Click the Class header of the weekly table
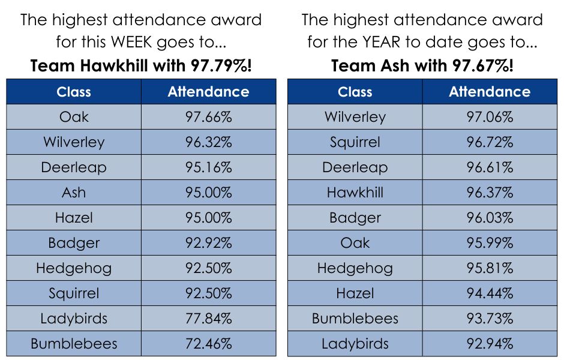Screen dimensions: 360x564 click(74, 92)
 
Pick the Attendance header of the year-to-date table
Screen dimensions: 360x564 click(490, 92)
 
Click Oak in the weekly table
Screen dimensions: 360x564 click(74, 117)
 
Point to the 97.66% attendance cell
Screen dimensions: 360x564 click(208, 117)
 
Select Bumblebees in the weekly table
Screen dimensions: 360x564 click(74, 344)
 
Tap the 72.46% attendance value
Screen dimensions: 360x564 click(208, 344)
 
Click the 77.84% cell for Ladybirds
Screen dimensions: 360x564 click(208, 319)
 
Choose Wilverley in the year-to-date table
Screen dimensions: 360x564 click(355, 117)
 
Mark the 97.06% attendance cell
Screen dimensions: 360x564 click(490, 117)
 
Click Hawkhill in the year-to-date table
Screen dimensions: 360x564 click(355, 193)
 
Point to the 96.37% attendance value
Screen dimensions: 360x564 click(490, 193)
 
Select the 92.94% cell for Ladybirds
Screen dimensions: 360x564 click(490, 344)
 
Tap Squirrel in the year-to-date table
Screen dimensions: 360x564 click(355, 142)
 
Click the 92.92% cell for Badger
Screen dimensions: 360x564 click(208, 243)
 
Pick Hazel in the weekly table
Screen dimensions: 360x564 click(74, 218)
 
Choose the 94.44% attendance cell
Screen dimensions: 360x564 click(490, 293)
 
